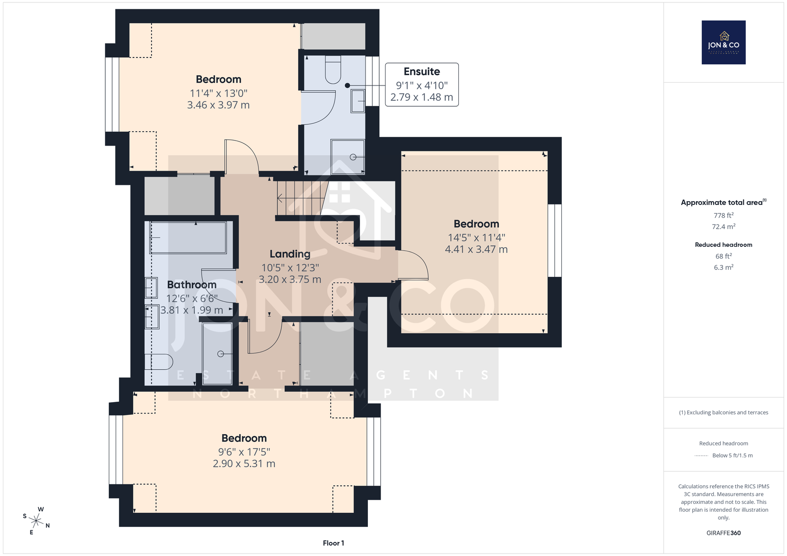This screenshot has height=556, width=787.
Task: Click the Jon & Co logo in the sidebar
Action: [724, 42]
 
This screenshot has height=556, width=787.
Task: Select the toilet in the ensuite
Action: [333, 69]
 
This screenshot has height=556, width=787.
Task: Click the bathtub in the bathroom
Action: [188, 237]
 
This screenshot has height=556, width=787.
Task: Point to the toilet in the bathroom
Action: [159, 362]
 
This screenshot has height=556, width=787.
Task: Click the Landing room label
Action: [290, 254]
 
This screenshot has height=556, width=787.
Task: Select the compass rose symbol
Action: [36, 521]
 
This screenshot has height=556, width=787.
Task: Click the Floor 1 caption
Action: [333, 543]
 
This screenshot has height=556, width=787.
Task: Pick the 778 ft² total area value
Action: [724, 215]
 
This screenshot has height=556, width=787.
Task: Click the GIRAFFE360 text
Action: [724, 533]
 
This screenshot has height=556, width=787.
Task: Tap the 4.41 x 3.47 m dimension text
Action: [476, 249]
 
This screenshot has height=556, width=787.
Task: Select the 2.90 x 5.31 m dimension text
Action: [244, 464]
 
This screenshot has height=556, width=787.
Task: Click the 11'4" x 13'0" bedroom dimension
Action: [218, 93]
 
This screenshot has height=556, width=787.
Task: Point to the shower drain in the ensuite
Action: [353, 157]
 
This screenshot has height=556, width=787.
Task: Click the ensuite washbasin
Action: [358, 101]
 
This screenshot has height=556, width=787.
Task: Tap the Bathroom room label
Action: [191, 285]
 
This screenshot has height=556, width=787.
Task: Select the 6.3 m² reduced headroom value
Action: [724, 267]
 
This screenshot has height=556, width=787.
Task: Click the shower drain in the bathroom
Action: [221, 353]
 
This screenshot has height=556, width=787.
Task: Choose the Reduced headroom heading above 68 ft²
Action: [724, 245]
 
